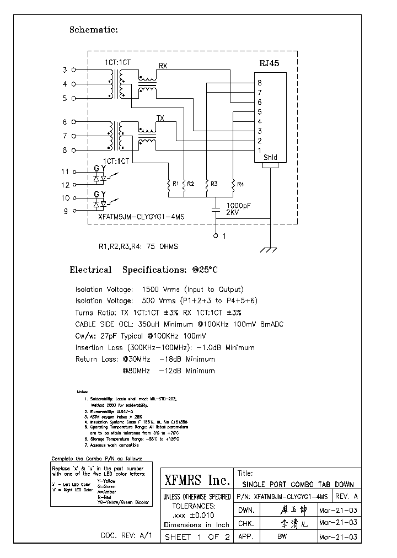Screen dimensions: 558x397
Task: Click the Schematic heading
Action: pos(93,30)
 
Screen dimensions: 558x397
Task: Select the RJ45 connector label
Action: pos(269,63)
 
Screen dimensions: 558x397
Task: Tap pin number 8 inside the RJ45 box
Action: pos(259,83)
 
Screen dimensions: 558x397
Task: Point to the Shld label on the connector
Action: pos(270,158)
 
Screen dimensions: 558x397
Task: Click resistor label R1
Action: pos(175,184)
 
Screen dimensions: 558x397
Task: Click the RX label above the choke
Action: pos(163,66)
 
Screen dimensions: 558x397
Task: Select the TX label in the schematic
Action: pos(160,118)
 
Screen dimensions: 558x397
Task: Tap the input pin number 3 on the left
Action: pos(65,70)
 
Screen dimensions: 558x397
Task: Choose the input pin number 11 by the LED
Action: pos(65,172)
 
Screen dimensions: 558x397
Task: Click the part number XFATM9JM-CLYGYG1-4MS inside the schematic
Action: pos(141,217)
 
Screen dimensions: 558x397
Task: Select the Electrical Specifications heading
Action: pos(143,270)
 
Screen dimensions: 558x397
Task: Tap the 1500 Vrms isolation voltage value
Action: pos(159,289)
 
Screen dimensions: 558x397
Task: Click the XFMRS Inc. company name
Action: pos(197,480)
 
